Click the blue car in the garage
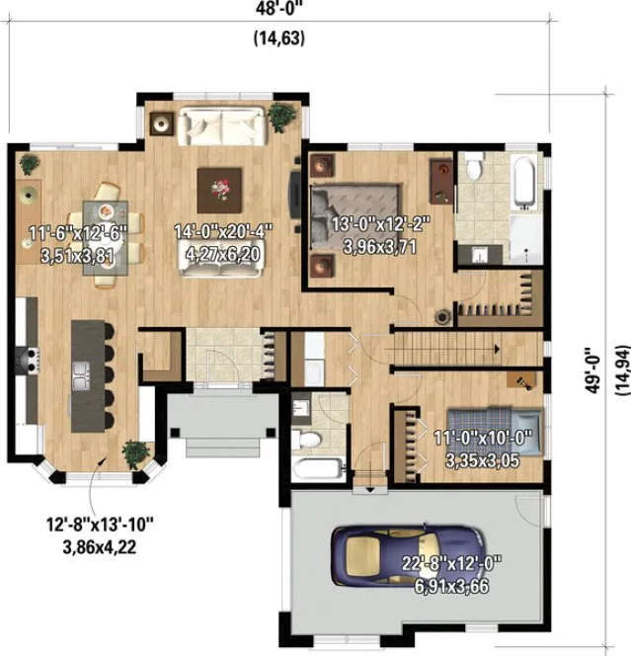click(x=408, y=559)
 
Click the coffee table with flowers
click(x=219, y=185)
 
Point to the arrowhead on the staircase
click(x=506, y=348)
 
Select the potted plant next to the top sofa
click(x=281, y=116)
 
